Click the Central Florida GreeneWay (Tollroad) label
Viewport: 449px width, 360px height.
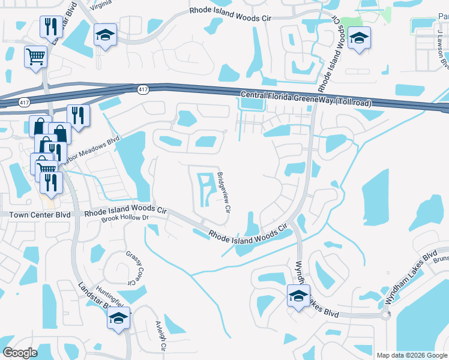[306, 99]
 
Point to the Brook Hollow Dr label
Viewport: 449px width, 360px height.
[125, 218]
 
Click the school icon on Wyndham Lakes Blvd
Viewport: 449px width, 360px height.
[298, 296]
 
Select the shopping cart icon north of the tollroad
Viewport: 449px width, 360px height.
[35, 57]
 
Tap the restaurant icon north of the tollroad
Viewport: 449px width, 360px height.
[48, 26]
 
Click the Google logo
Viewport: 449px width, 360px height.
[20, 353]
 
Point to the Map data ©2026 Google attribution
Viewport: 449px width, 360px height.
[411, 355]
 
